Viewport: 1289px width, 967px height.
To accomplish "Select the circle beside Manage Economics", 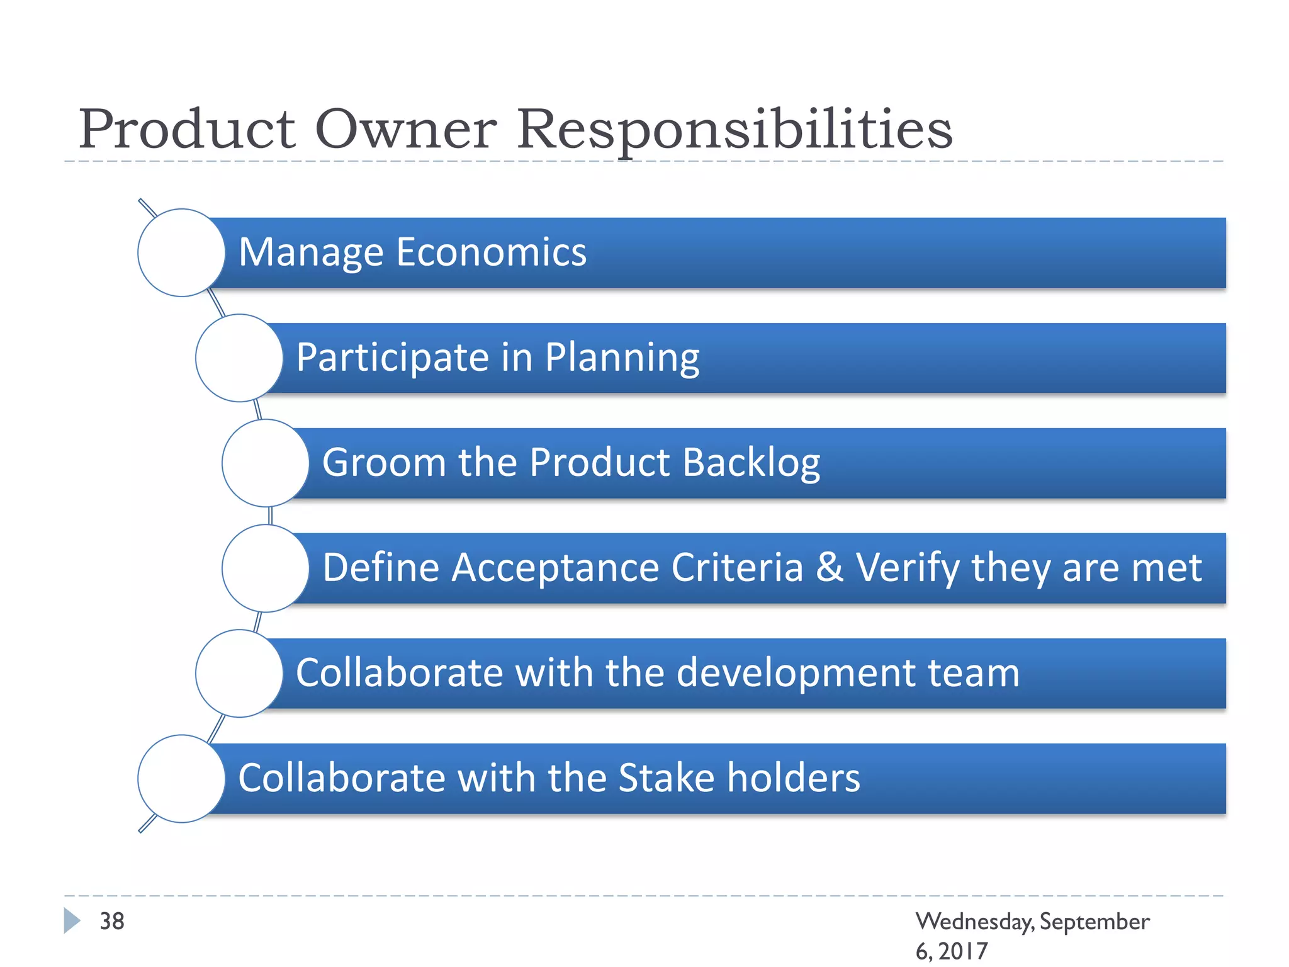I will (x=181, y=252).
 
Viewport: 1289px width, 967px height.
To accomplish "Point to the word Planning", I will (x=622, y=358).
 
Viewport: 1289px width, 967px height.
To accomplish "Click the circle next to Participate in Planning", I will (x=239, y=358).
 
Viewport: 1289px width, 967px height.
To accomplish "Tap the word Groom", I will (x=384, y=462).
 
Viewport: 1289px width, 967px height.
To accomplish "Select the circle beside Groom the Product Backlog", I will (x=266, y=463).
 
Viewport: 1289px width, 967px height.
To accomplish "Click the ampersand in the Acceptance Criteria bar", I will (x=829, y=567).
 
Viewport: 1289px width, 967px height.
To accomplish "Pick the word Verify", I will (x=907, y=567).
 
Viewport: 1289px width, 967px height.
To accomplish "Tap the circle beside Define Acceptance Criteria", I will (x=266, y=568).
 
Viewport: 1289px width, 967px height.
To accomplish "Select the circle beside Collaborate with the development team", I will (x=239, y=673).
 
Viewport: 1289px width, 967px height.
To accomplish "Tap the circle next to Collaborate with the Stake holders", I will (x=181, y=778).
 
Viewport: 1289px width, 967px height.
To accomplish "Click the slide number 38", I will (x=112, y=921).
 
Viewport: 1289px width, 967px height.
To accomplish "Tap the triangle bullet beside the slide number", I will (x=72, y=920).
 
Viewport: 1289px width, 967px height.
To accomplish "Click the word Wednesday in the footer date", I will (x=974, y=922).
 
